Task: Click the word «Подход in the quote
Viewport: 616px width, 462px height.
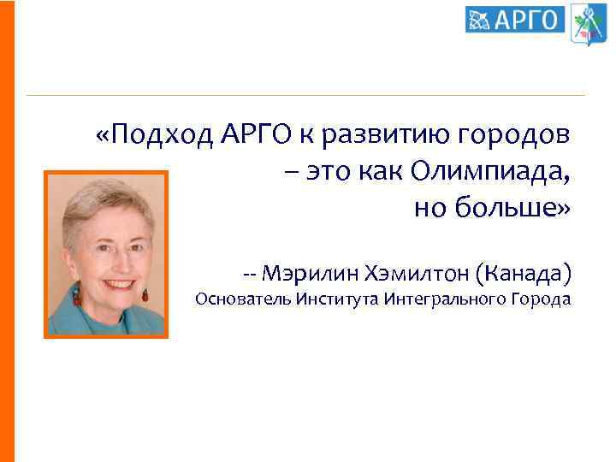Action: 155,135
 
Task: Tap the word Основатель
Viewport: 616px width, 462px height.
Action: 243,299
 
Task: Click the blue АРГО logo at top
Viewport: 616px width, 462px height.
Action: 516,19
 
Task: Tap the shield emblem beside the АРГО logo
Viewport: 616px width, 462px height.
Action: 589,23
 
